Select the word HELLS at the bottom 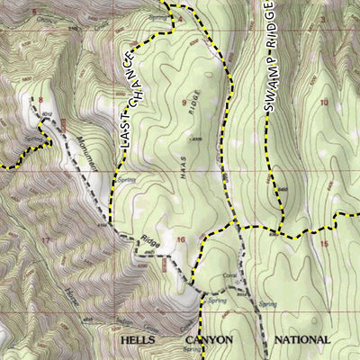tap(139, 339)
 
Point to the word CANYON tap(209, 339)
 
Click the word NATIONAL tap(301, 339)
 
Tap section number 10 tap(324, 102)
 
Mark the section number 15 tap(324, 244)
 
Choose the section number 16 tap(181, 239)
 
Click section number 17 tap(45, 241)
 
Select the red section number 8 tap(39, 100)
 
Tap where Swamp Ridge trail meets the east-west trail tap(282, 233)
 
